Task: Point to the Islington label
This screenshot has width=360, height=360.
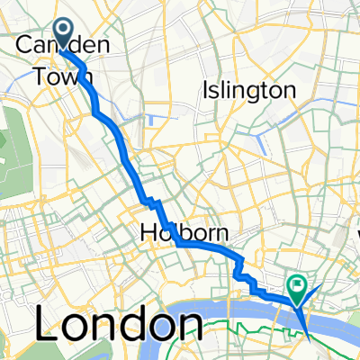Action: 249,90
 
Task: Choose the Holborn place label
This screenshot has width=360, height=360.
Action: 184,234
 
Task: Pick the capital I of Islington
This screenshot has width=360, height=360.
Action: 208,90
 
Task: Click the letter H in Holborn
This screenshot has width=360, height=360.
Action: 148,234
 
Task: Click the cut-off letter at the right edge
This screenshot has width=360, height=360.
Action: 355,239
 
